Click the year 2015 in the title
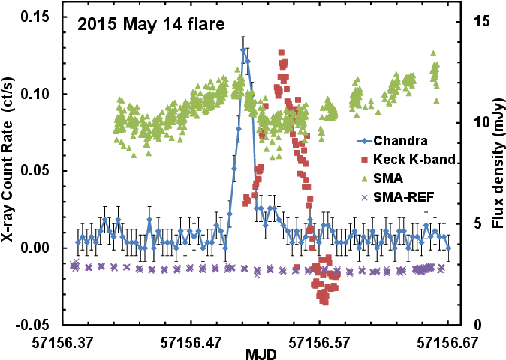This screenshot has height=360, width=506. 98,25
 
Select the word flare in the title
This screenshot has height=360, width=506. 204,25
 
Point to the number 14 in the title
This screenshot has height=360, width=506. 171,25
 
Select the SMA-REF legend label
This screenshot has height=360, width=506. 404,198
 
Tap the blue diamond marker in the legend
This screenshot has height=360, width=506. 364,141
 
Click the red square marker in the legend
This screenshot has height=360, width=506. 364,160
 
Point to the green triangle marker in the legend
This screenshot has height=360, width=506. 364,178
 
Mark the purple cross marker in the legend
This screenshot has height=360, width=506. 364,198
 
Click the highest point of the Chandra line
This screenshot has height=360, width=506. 242,50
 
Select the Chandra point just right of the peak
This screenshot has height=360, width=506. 248,61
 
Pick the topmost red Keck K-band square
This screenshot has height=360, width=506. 282,52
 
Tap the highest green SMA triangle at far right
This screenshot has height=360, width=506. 433,53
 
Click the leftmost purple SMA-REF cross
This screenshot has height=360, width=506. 72,264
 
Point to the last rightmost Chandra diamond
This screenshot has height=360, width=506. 448,247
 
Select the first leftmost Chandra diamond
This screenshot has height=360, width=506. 77,242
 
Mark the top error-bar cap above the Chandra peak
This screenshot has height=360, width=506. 242,36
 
